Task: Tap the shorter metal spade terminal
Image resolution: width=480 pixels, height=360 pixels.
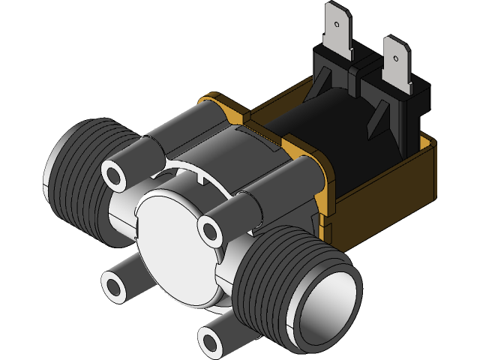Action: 395,67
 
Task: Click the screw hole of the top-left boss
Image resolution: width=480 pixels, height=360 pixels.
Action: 115,175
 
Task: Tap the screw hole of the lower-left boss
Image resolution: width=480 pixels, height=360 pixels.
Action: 114,286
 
